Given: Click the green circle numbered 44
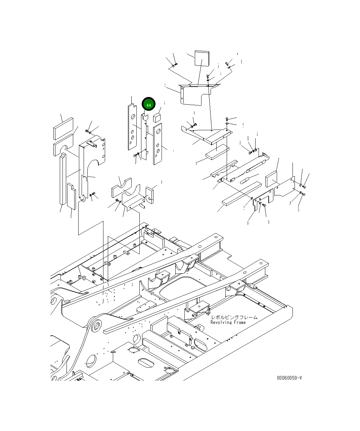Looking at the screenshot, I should [x=148, y=104].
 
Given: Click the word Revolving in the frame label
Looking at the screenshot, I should [x=221, y=322].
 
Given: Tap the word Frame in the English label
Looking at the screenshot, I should [x=239, y=322].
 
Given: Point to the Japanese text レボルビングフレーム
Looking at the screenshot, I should [x=234, y=317].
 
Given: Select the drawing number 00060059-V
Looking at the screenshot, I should [x=289, y=378].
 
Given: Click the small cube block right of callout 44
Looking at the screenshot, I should [x=157, y=117].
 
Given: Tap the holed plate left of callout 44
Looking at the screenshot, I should [x=132, y=127].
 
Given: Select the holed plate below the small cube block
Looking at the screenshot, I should [x=157, y=144].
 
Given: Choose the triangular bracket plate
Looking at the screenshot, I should [x=206, y=133].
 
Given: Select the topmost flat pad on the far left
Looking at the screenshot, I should [x=62, y=128].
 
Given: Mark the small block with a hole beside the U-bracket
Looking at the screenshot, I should [x=149, y=195].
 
